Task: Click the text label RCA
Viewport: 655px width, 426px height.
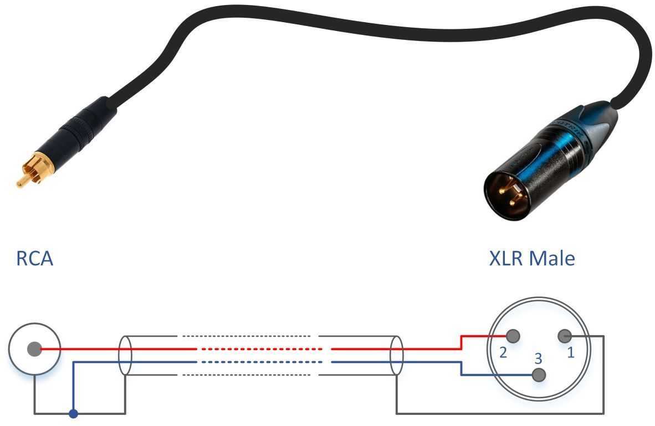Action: (34, 259)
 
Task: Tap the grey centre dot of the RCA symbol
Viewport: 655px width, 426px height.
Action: (34, 350)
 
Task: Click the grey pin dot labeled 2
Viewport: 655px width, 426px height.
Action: (513, 335)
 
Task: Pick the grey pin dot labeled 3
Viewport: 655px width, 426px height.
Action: (538, 375)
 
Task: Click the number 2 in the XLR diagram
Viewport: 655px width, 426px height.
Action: (503, 353)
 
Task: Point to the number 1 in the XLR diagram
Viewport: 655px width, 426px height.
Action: (571, 353)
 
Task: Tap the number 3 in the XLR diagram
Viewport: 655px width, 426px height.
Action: (538, 358)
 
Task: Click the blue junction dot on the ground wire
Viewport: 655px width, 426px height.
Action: (73, 413)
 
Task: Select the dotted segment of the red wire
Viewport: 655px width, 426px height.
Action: (260, 349)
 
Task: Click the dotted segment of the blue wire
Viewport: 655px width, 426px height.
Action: (260, 362)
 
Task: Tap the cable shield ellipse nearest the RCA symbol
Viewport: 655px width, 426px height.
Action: (125, 355)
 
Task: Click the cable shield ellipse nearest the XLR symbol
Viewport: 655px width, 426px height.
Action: (396, 355)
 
